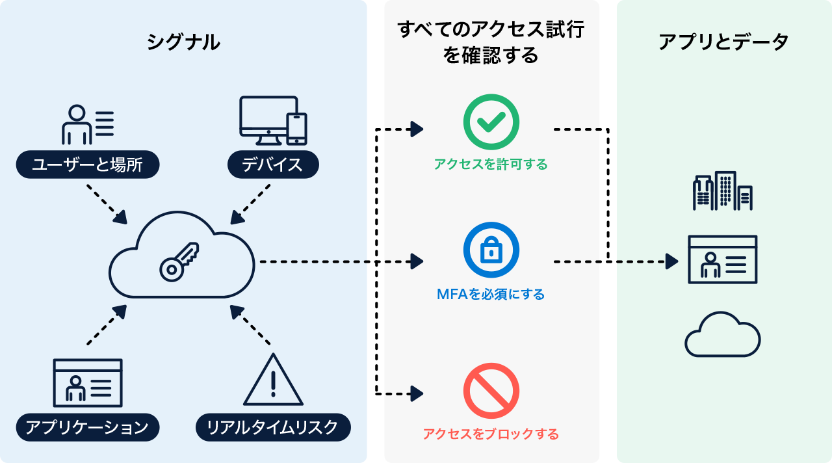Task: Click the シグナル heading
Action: pyautogui.click(x=183, y=43)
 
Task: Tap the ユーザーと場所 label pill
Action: pyautogui.click(x=88, y=165)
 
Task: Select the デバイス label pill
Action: pyautogui.click(x=273, y=165)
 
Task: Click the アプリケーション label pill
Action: pyautogui.click(x=88, y=427)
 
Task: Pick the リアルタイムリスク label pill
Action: pyautogui.click(x=273, y=427)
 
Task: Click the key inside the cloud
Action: pyautogui.click(x=179, y=261)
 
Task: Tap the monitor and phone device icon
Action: pyautogui.click(x=273, y=121)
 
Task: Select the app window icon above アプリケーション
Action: pyautogui.click(x=88, y=383)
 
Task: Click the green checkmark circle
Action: pyautogui.click(x=491, y=122)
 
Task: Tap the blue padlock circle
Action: pyautogui.click(x=491, y=250)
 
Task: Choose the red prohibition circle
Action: pyautogui.click(x=491, y=391)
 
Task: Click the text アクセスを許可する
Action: pyautogui.click(x=491, y=165)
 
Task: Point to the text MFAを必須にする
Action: pyautogui.click(x=491, y=295)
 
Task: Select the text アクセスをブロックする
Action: pyautogui.click(x=491, y=434)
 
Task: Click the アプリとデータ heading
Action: pyautogui.click(x=723, y=43)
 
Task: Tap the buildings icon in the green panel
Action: pyautogui.click(x=723, y=191)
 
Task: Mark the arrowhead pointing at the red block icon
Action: pyautogui.click(x=417, y=393)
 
